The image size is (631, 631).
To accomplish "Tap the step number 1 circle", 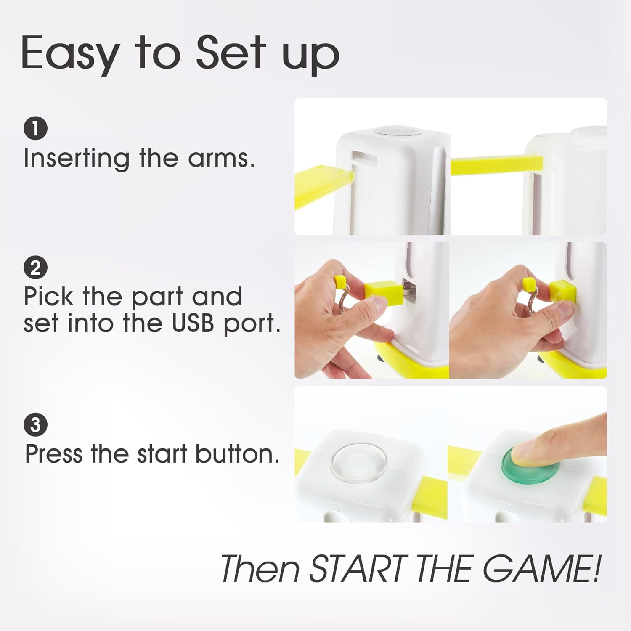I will coord(35,128).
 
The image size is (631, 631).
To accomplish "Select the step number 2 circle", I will coord(35,268).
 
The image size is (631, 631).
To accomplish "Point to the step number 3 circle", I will coord(35,425).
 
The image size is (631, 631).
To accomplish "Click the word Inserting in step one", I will coord(76,159).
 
